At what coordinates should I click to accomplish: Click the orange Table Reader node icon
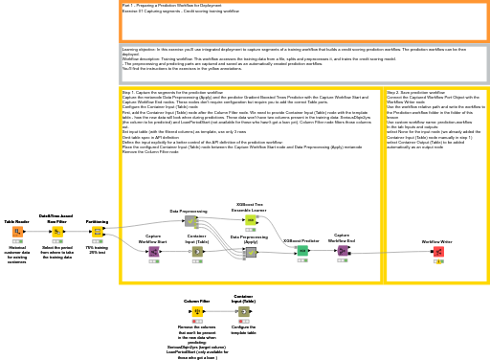[17, 232]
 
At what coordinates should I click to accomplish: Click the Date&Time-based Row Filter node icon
[57, 232]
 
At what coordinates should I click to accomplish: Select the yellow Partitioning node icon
[97, 232]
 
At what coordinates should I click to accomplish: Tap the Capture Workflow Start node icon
[153, 252]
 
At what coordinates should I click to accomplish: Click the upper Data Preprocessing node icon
[190, 221]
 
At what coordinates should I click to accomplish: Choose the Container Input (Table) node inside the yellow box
[197, 252]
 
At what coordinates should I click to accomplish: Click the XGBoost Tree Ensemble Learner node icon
[251, 220]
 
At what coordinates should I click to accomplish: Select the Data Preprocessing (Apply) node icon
[250, 253]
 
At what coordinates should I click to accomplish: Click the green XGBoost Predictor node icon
[302, 251]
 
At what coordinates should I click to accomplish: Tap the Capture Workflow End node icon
[342, 251]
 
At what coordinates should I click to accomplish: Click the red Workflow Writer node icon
[437, 251]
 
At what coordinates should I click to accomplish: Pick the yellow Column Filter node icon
[198, 311]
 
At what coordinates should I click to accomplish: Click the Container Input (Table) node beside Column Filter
[244, 311]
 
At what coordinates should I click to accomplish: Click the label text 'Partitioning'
[97, 221]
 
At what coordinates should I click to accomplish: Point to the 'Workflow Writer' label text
[437, 241]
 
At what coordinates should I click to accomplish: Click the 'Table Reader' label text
[17, 221]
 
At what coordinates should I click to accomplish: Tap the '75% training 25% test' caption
[97, 250]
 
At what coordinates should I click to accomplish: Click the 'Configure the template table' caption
[244, 329]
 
